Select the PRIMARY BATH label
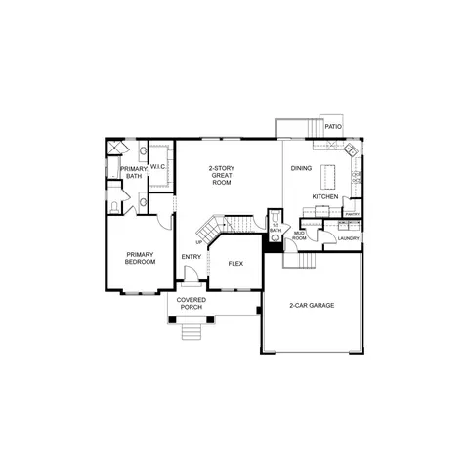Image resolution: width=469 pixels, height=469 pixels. pyautogui.click(x=132, y=173)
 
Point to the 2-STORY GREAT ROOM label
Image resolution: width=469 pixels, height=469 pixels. pyautogui.click(x=222, y=175)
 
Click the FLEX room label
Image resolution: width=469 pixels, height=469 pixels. pyautogui.click(x=235, y=264)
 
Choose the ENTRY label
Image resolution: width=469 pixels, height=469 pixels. pyautogui.click(x=191, y=257)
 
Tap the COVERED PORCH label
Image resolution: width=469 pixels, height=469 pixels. pyautogui.click(x=190, y=304)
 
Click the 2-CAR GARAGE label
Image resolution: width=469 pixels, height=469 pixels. pyautogui.click(x=312, y=306)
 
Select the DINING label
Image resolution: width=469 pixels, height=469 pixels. pyautogui.click(x=302, y=169)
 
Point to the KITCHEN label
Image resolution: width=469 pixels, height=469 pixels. pyautogui.click(x=325, y=196)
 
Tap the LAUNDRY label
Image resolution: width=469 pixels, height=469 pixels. pyautogui.click(x=348, y=238)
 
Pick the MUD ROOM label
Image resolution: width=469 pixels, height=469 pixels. pyautogui.click(x=300, y=235)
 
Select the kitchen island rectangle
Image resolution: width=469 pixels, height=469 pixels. pyautogui.click(x=329, y=175)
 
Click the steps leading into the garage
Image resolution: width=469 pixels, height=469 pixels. pyautogui.click(x=307, y=261)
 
